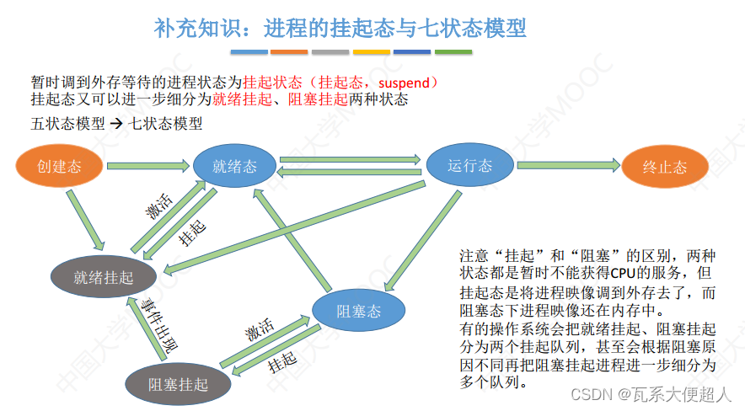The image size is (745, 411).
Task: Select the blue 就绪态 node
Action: click(234, 165)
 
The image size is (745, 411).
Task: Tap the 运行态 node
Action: click(469, 165)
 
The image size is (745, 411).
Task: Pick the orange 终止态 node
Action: click(664, 166)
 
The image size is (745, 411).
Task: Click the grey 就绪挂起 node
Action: click(103, 276)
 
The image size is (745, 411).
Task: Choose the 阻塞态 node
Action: click(358, 311)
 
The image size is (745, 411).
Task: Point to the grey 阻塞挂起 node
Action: click(177, 384)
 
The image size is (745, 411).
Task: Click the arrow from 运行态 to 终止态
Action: click(565, 165)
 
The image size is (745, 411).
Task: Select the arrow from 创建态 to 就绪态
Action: click(147, 165)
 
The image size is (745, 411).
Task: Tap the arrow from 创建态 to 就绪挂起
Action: click(85, 218)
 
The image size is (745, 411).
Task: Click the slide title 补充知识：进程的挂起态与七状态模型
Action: click(340, 29)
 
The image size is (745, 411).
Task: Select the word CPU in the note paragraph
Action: click(588, 274)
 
